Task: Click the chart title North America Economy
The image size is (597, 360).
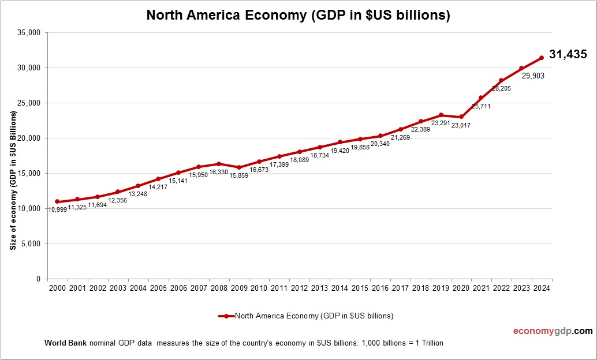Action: point(298,16)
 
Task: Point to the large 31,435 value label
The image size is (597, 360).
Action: point(568,55)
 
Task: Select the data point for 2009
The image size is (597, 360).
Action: point(239,167)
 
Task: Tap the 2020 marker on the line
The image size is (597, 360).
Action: point(461,117)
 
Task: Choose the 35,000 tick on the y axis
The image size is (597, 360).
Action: point(29,33)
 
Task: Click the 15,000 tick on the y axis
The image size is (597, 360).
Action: point(29,173)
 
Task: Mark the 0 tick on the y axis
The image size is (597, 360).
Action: point(38,279)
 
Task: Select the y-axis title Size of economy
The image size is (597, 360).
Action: point(13,179)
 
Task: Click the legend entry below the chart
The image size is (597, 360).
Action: point(306,316)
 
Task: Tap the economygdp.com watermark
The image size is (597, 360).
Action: point(553,331)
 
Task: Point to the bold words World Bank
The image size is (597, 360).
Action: point(65,343)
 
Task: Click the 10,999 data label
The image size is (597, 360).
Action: point(58,209)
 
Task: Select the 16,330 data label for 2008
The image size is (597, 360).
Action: point(219,172)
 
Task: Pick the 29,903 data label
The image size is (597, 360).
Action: point(533,76)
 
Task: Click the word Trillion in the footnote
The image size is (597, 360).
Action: point(429,343)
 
